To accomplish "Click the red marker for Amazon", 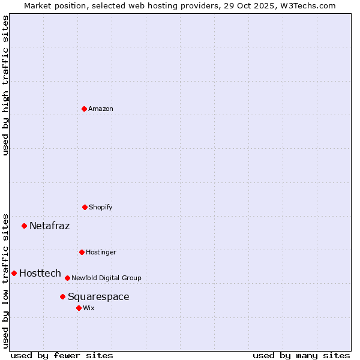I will pos(84,109).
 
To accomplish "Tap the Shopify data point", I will pos(85,207).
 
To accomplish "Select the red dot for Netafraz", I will pos(25,226).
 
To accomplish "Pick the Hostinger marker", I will pos(82,252).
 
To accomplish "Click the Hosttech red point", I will pos(14,273).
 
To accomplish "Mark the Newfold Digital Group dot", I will pos(67,278).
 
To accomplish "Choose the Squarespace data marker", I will pos(62,296).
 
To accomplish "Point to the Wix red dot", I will pos(79,308).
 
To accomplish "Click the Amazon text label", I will pos(101,109).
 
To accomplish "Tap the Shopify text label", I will pos(101,207).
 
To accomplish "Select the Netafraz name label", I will pos(49,226).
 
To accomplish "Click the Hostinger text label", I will pos(101,252).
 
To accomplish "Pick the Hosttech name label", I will pos(40,273).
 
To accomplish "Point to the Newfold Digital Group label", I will pos(106,278).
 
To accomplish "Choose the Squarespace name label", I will pos(98,296).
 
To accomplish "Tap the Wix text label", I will pos(89,308).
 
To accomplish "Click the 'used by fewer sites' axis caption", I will pos(62,355).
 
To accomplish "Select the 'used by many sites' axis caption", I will pos(301,355).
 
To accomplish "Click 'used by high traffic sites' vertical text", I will pos(5,85).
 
